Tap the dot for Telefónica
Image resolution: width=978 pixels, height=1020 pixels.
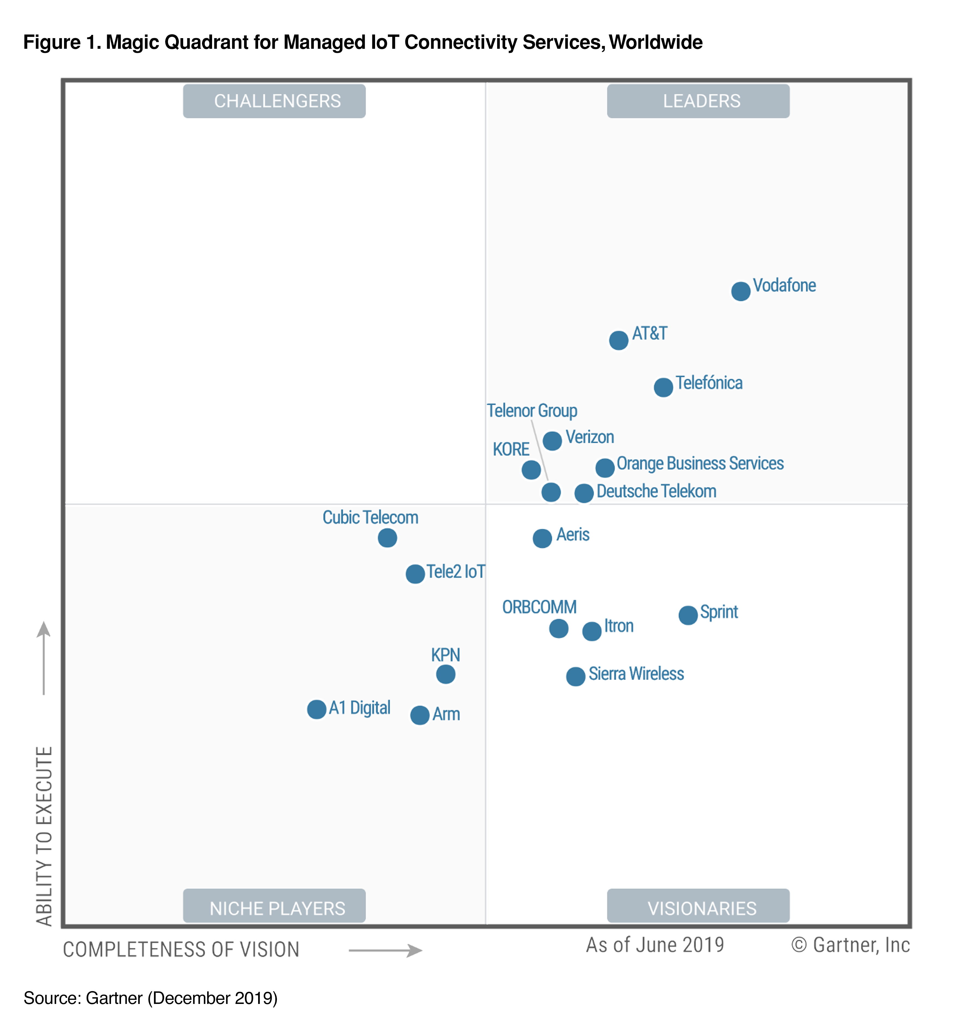tap(663, 387)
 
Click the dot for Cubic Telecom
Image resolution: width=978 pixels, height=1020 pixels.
tap(387, 538)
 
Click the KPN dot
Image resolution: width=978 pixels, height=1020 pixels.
tap(445, 674)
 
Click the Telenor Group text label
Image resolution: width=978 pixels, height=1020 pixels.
tap(532, 411)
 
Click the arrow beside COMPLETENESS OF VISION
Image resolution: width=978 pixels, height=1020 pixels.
tap(385, 950)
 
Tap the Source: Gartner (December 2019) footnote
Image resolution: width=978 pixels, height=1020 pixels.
tap(150, 998)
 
